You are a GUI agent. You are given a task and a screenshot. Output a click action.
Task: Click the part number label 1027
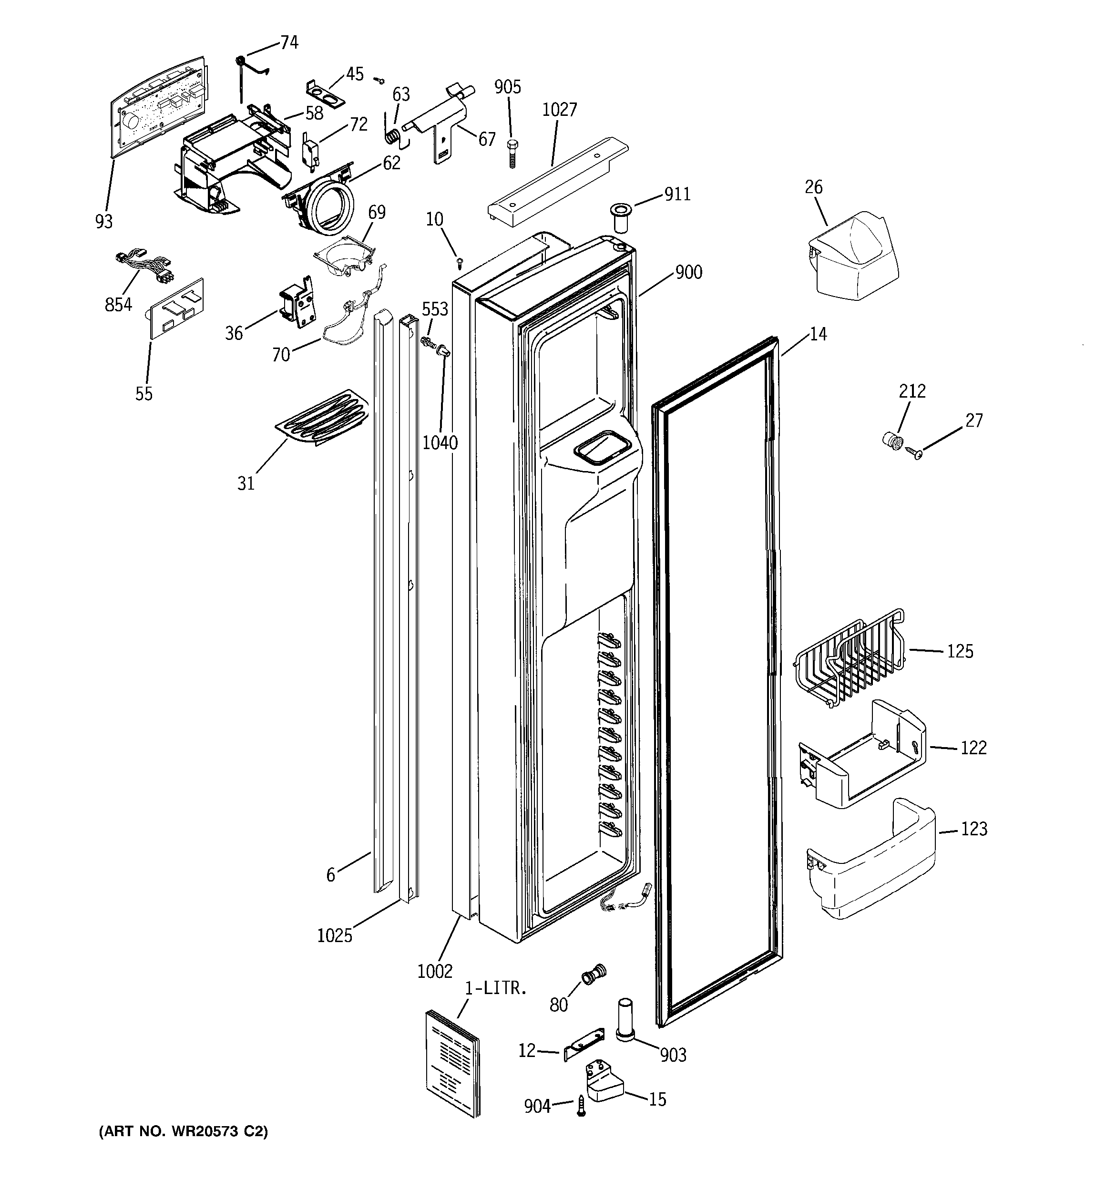pyautogui.click(x=559, y=110)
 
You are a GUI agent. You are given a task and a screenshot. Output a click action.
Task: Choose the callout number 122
pyautogui.click(x=973, y=748)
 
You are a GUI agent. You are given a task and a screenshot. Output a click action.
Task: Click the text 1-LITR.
pyautogui.click(x=495, y=989)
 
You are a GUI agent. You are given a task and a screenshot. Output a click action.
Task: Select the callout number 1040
pyautogui.click(x=440, y=443)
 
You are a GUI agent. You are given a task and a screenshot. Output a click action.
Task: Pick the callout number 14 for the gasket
pyautogui.click(x=818, y=334)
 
